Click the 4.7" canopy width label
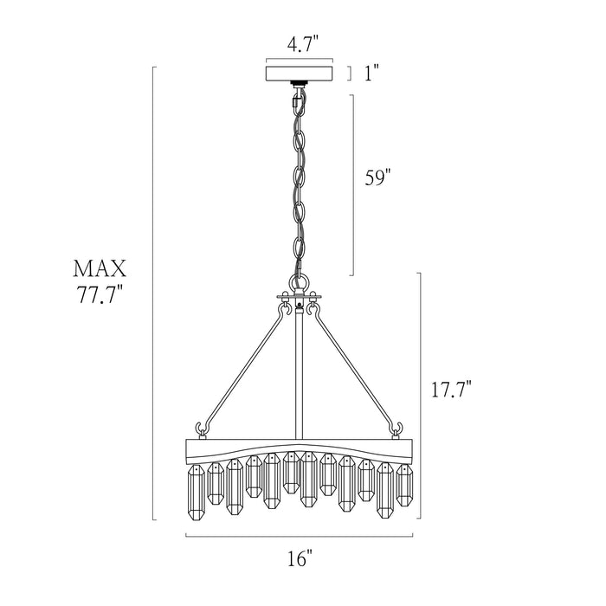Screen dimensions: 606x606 (303, 44)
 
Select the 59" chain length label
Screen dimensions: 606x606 (378, 178)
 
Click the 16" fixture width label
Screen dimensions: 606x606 (300, 558)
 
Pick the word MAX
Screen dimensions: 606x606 (100, 268)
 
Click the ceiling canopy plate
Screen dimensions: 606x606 (300, 74)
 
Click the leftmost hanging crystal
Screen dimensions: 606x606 (197, 493)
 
